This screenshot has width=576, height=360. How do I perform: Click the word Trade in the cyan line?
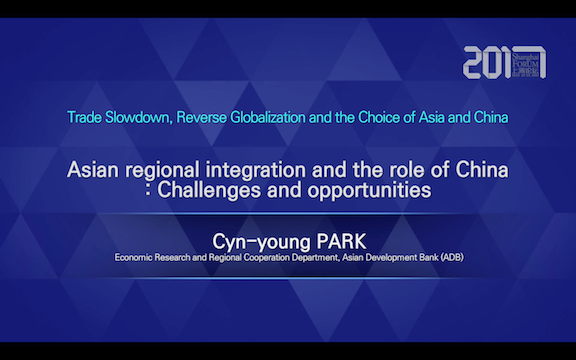[87, 117]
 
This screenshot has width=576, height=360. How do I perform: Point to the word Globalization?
[289, 117]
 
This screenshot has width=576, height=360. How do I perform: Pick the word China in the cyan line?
[488, 117]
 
